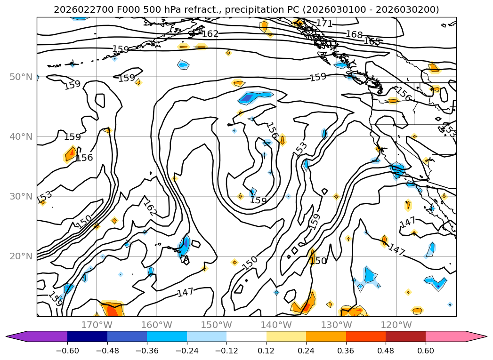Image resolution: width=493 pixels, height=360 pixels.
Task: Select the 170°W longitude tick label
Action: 97,325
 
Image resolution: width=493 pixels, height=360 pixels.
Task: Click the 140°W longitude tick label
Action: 276,325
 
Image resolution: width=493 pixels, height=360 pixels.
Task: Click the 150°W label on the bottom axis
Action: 216,325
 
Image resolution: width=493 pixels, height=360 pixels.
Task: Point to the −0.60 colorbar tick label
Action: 67,350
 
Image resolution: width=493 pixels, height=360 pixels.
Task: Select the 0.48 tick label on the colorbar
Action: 386,350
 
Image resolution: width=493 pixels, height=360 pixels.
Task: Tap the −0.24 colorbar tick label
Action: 186,350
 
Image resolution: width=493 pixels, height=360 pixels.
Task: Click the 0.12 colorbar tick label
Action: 267,350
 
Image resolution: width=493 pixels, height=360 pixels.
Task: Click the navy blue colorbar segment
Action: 87,336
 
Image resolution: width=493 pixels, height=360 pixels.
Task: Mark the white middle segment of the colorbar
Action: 246,336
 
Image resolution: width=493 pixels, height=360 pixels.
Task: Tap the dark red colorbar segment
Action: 405,336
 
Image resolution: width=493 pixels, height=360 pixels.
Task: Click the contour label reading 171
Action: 324,23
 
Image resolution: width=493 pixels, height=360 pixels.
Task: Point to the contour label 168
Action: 354,34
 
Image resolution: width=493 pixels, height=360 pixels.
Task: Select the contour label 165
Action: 372,41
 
